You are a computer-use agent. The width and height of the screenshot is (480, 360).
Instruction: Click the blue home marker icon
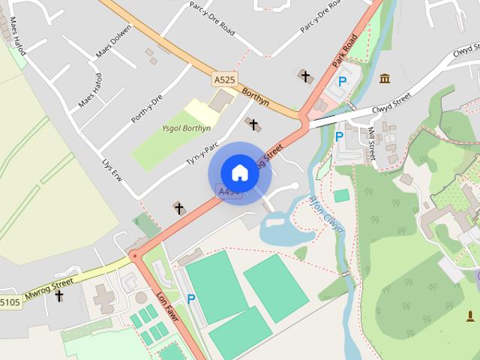click(x=239, y=172)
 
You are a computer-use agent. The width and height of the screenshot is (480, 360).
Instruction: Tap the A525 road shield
click(x=223, y=79)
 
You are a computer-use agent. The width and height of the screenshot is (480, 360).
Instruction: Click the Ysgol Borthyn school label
click(x=186, y=128)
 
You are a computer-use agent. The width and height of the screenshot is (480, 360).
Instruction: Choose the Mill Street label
click(x=371, y=143)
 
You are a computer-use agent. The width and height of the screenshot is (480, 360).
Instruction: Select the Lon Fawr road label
click(x=166, y=301)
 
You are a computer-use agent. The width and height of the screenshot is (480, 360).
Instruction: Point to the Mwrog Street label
click(x=48, y=286)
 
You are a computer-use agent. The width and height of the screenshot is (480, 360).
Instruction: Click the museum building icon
click(x=385, y=79)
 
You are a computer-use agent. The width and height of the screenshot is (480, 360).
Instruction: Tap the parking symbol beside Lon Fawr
click(x=191, y=298)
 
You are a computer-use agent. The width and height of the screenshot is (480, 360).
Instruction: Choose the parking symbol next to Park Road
click(x=343, y=81)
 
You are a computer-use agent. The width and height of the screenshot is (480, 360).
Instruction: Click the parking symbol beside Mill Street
click(x=339, y=136)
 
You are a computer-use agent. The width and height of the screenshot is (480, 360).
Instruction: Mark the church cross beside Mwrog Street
click(x=59, y=296)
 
